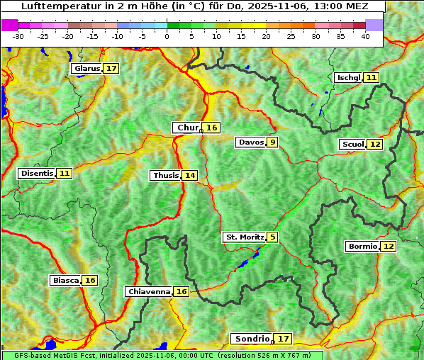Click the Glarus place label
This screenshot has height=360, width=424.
pos(86,69)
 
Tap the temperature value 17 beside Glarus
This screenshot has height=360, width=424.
pos(111,69)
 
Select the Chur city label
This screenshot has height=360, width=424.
pos(187,128)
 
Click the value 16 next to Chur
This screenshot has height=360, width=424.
pos(212,128)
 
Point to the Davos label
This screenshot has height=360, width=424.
pos(250,142)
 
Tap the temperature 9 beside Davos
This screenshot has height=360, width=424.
pos(272,142)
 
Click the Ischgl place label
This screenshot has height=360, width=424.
pos(348,77)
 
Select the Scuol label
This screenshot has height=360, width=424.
pos(352,144)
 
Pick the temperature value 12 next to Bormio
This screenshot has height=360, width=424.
pos(388,247)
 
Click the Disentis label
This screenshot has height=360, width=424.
pos(37,173)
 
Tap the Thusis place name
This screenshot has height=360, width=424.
pos(165,175)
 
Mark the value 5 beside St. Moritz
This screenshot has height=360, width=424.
pos(272,237)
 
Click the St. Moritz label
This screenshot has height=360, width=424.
pos(244,237)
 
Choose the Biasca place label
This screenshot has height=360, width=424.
pos(65,280)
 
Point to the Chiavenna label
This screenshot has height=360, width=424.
pos(149,291)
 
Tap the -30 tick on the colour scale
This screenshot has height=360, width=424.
pos(18,35)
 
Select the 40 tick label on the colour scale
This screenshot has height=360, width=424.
pos(365,35)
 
